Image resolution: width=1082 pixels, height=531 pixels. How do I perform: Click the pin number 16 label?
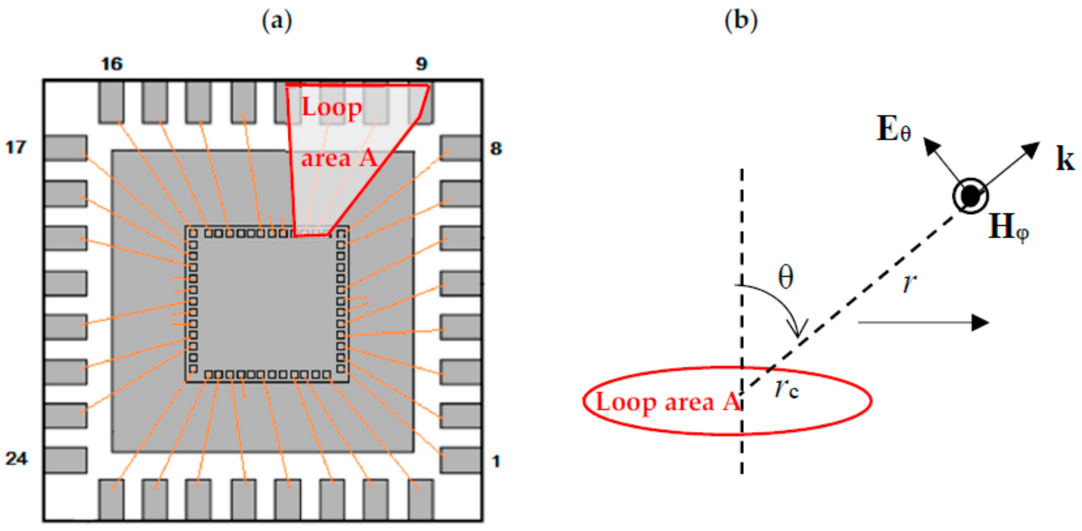[112, 64]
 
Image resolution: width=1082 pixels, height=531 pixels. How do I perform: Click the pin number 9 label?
[421, 64]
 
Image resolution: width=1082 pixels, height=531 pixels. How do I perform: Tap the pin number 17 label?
[16, 148]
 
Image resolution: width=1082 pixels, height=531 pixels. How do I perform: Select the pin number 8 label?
[496, 149]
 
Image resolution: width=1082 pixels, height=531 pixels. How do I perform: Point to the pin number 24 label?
[16, 459]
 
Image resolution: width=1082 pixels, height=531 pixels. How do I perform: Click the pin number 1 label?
[496, 462]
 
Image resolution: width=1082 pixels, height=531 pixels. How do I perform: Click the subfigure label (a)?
[277, 21]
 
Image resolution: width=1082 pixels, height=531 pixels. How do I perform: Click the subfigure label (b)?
[741, 20]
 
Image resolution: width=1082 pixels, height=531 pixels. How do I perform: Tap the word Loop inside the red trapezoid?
[332, 107]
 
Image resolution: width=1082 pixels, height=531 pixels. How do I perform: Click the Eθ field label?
[894, 129]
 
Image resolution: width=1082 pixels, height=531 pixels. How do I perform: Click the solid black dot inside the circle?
[970, 196]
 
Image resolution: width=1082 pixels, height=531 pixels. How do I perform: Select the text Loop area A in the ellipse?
[668, 402]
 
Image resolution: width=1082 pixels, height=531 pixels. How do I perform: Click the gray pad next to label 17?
[66, 148]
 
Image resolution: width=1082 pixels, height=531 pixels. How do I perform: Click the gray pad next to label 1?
[461, 460]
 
